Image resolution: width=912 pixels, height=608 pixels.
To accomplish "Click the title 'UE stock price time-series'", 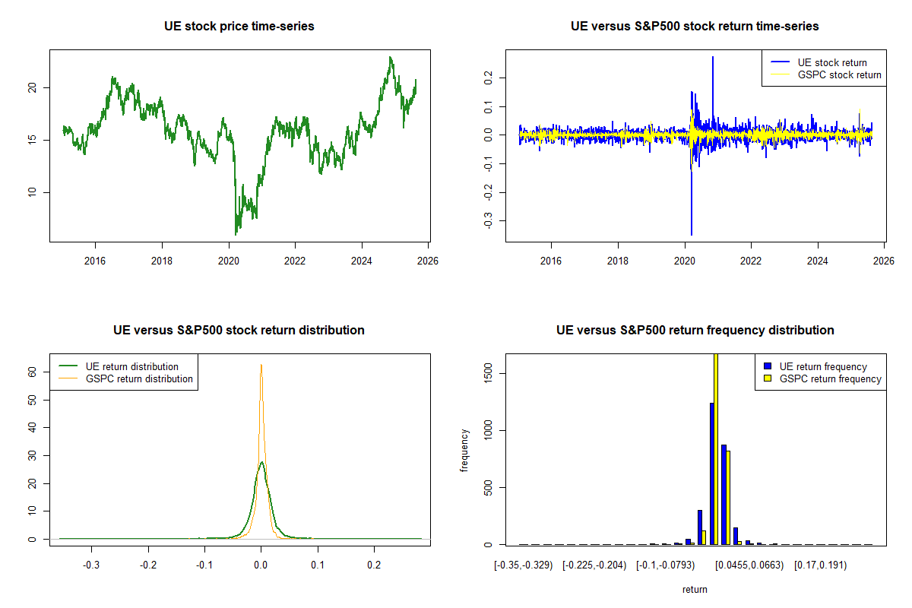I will coord(239,27).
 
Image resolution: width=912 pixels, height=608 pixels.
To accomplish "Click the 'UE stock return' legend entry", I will coord(831,62).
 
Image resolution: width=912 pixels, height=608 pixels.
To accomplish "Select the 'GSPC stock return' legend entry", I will coord(839,74).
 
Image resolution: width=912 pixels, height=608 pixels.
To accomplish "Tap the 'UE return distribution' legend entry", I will coord(132,366).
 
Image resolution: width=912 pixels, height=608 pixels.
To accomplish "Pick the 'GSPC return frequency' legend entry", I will coord(831,378).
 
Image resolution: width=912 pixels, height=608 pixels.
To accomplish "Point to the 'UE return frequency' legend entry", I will coord(823,366).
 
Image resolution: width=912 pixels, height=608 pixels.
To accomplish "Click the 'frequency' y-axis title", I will coord(465,450).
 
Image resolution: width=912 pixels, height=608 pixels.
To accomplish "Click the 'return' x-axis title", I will coord(695,589).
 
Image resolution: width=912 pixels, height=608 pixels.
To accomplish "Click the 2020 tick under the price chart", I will coord(229,260).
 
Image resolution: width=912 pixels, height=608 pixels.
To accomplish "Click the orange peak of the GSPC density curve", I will coord(261,366).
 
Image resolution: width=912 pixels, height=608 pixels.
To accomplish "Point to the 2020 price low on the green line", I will coord(236,233).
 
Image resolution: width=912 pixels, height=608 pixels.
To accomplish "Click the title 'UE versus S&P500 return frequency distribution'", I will coord(695,331).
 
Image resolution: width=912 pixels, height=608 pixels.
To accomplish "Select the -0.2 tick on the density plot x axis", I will coord(148,565).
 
